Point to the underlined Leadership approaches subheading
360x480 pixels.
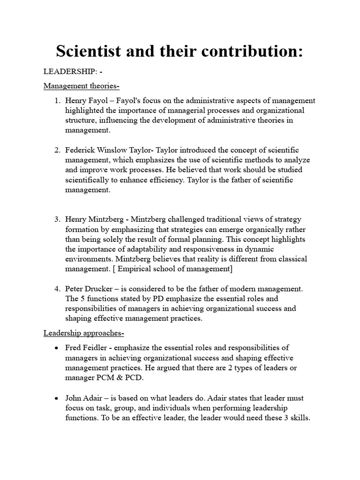[83, 333]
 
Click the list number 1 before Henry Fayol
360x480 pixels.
[56, 100]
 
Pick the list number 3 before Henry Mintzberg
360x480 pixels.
[56, 219]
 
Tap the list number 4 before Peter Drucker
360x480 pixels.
[56, 288]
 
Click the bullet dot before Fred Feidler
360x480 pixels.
[56, 348]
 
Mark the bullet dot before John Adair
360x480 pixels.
[56, 398]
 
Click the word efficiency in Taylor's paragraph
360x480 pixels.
[167, 180]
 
